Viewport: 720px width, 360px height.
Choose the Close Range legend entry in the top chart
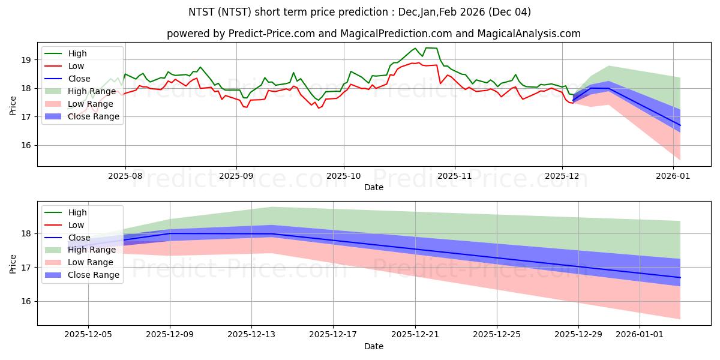pos(94,116)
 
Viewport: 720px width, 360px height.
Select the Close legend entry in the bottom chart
pos(79,238)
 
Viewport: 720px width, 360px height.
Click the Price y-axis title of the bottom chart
pos(13,263)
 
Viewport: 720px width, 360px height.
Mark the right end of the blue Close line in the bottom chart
pos(680,277)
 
